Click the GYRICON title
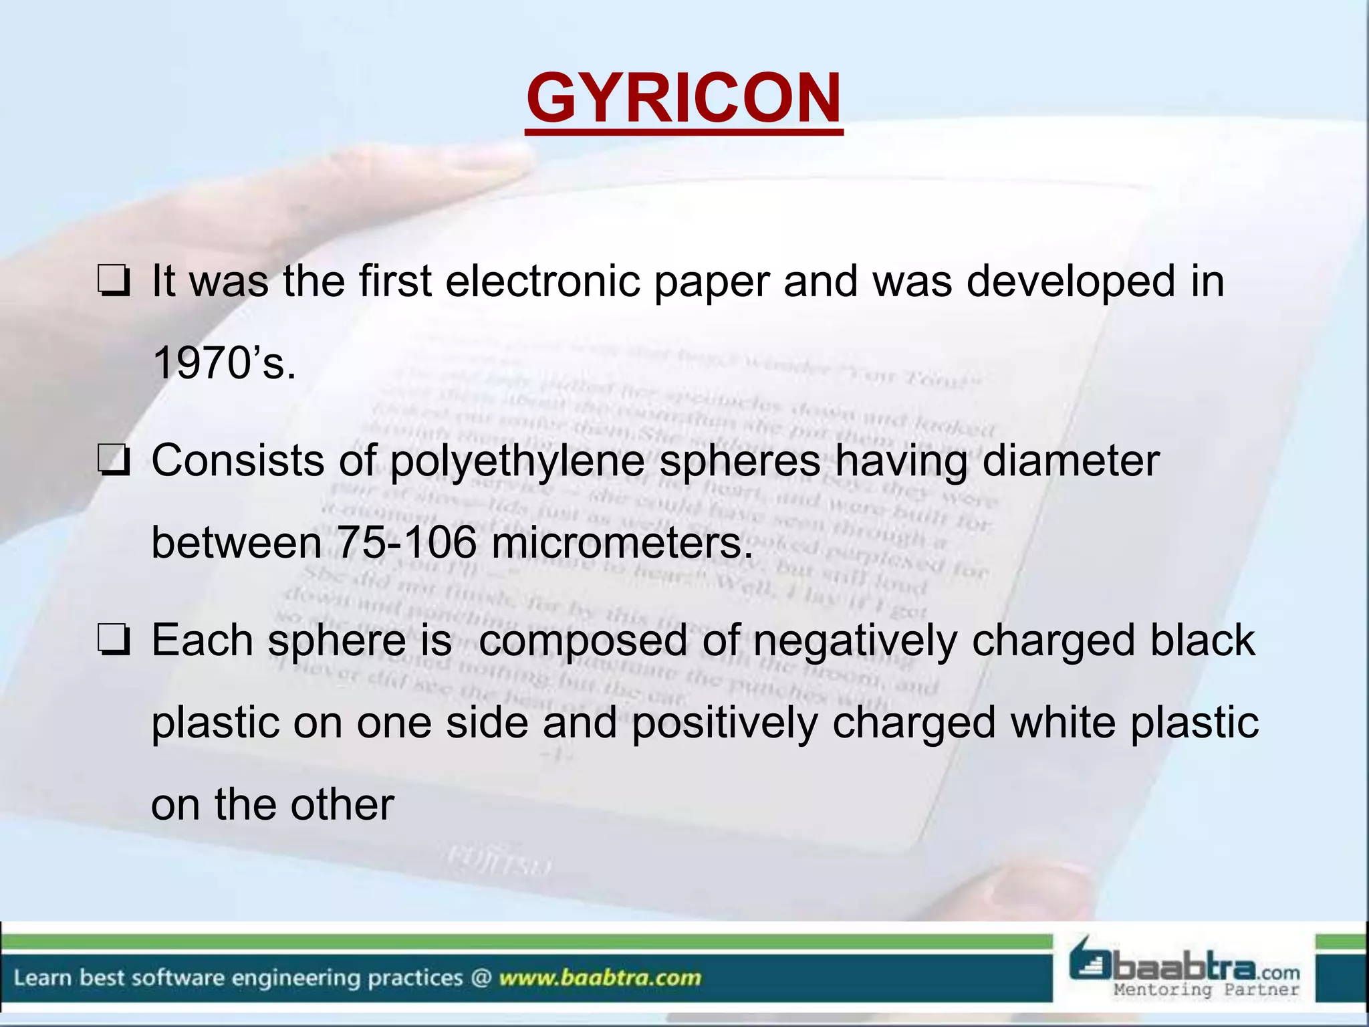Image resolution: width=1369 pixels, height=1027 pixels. pos(683,98)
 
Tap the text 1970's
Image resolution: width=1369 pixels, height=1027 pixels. pos(224,364)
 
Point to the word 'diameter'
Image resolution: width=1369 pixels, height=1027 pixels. pos(1070,461)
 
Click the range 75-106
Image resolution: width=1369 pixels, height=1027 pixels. pos(407,542)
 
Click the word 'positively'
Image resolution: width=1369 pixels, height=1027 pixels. pos(725,723)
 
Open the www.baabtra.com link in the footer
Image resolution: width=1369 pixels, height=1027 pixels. pos(600,978)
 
